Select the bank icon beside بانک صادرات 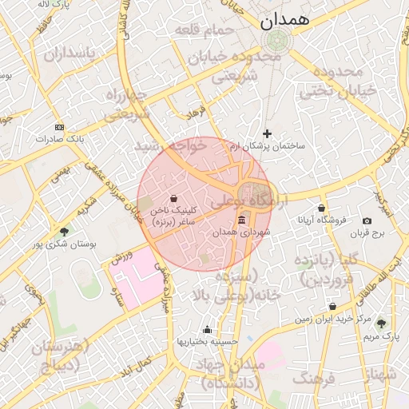[x=58, y=127]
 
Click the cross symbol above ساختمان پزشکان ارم [x=267, y=133]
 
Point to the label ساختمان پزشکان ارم [x=267, y=147]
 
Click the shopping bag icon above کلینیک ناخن [x=175, y=198]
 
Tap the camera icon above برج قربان [x=367, y=221]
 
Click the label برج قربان [x=370, y=234]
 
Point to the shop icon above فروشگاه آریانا [x=321, y=208]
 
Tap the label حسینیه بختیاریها [x=208, y=341]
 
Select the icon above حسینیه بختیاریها [x=208, y=329]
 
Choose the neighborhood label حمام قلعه [x=205, y=30]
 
